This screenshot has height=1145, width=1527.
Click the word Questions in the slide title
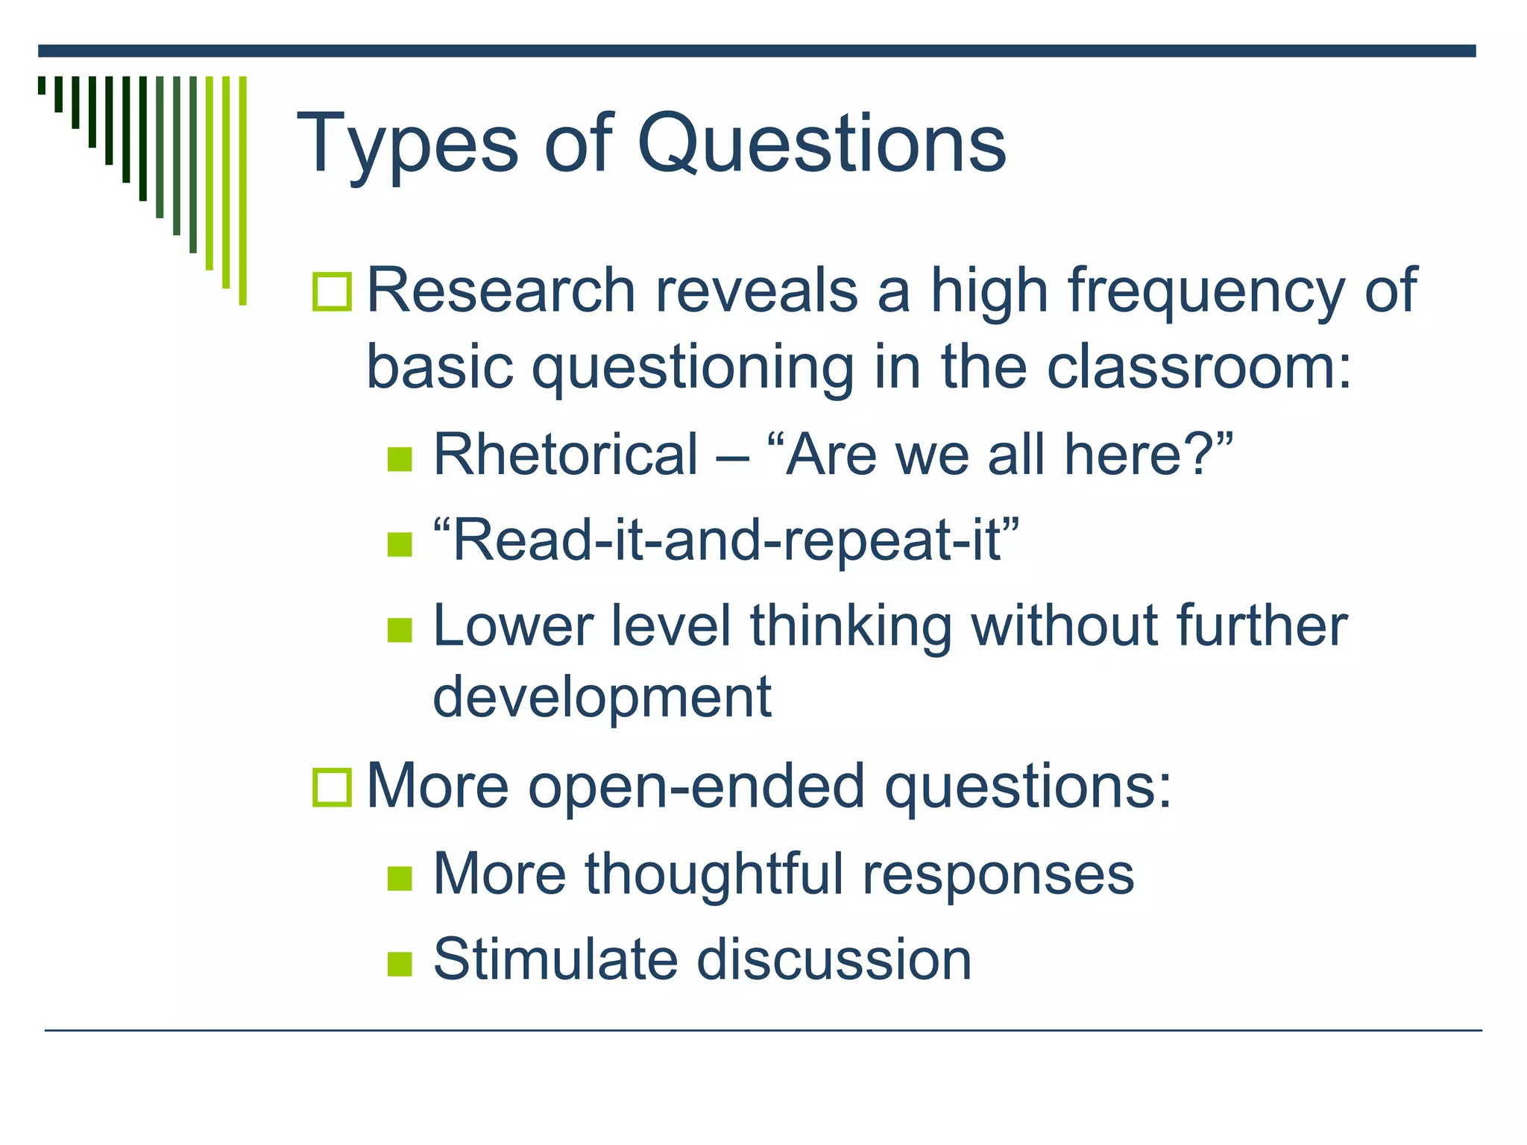(821, 143)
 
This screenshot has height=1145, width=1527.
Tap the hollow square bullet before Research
(332, 291)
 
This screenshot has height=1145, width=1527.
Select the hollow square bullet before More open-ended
(332, 787)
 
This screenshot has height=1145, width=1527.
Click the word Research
(500, 291)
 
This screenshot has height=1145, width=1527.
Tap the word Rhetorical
(565, 455)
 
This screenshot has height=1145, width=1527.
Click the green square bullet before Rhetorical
(400, 459)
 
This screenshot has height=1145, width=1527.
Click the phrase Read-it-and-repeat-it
(725, 540)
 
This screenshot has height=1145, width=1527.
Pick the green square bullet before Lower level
(400, 630)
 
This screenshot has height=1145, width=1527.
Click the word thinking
(851, 626)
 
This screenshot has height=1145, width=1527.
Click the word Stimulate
(555, 959)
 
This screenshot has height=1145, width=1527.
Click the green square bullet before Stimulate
(400, 964)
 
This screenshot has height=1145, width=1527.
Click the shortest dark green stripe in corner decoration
(42, 85)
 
